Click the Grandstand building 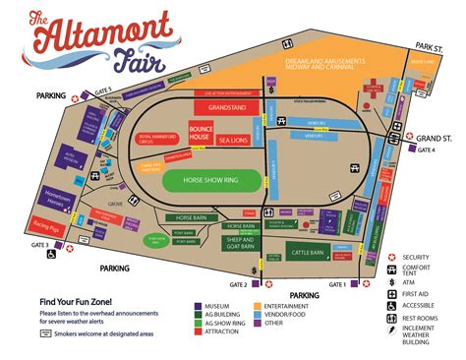tap(227, 107)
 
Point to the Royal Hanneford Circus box tap(154, 140)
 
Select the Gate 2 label tap(238, 285)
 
